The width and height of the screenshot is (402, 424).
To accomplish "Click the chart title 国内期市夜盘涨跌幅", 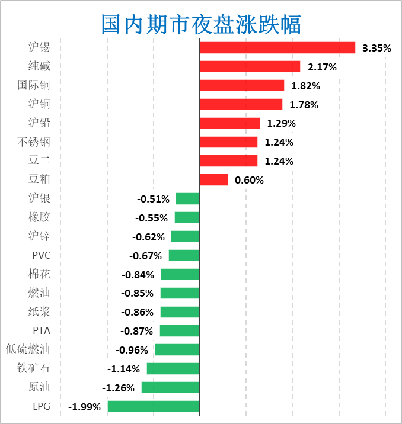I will [x=201, y=24].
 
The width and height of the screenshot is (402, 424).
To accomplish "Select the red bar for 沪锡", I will [x=277, y=48].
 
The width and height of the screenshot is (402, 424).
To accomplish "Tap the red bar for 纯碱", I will [x=250, y=67].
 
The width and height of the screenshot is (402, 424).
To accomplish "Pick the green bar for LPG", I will [x=154, y=406].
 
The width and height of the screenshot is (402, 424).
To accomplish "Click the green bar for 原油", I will [x=170, y=387].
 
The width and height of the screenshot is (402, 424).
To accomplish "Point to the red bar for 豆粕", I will [x=214, y=179].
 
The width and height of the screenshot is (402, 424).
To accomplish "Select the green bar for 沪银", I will [x=187, y=199].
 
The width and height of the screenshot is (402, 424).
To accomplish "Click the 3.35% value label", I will [x=377, y=48].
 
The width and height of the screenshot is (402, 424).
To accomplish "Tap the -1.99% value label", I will [x=85, y=407].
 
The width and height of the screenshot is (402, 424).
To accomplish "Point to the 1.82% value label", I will [x=305, y=86].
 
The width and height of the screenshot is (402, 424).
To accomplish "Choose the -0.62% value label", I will [x=148, y=237].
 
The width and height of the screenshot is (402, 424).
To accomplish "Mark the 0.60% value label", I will [x=249, y=180].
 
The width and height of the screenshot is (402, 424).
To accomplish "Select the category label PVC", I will [x=42, y=255].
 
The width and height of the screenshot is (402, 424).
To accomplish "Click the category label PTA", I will [x=42, y=330].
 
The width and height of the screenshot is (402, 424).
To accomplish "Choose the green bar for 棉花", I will [x=180, y=274].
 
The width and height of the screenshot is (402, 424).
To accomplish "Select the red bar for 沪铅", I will [x=230, y=123].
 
